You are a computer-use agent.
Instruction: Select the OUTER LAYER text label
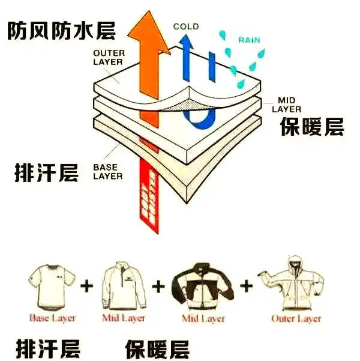108,57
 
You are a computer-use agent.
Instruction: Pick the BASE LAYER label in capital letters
107,172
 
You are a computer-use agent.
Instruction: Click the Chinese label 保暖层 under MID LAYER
311,127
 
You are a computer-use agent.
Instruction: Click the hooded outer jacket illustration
295,282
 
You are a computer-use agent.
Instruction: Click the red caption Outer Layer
296,319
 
